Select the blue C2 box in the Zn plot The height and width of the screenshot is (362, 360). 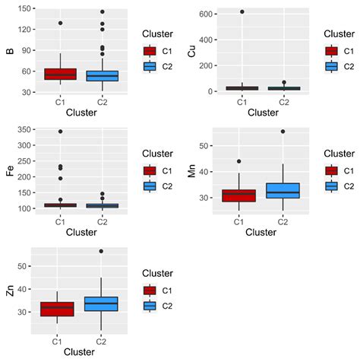point(103,303)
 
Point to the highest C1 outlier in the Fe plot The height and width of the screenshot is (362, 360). point(60,132)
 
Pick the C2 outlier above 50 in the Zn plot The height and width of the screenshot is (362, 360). point(103,251)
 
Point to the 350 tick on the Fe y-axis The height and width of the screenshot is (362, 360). point(23,130)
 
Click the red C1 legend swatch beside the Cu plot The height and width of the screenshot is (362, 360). point(332,51)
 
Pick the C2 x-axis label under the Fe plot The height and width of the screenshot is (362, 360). point(103,221)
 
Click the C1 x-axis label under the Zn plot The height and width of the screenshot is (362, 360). point(60,341)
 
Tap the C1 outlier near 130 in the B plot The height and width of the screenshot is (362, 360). point(60,23)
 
